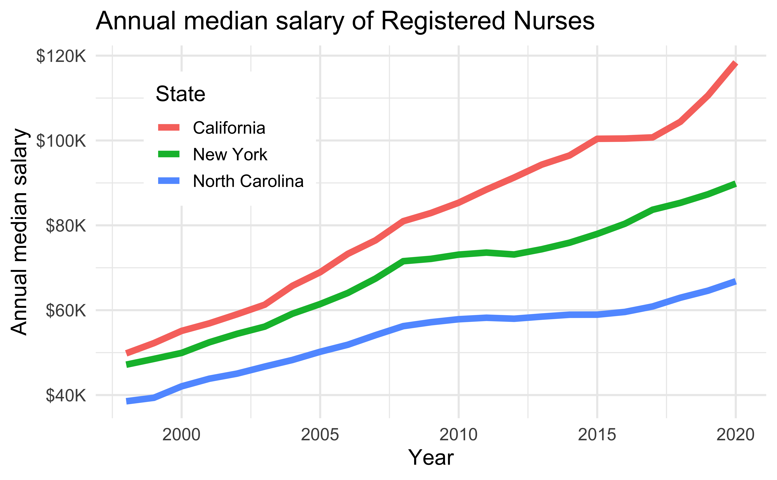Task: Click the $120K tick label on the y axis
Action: tap(61, 56)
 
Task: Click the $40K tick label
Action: tap(66, 396)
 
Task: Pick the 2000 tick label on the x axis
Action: tap(181, 435)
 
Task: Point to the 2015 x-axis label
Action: tap(597, 435)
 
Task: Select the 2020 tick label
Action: tap(735, 435)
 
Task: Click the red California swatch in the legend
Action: tap(169, 128)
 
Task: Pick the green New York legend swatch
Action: tap(169, 154)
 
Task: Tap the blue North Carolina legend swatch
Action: tap(169, 181)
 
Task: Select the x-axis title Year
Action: tap(431, 457)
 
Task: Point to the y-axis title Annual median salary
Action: tap(20, 232)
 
